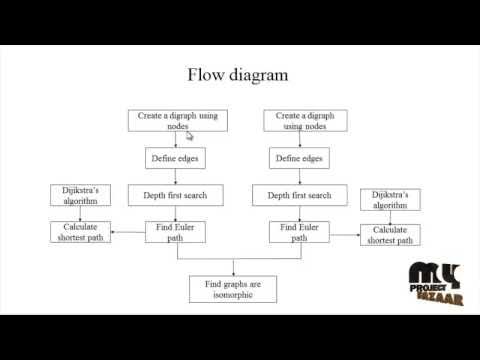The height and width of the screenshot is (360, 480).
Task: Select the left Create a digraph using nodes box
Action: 178,121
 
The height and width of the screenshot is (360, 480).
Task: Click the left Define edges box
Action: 176,158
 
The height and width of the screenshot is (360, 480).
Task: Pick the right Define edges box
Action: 298,158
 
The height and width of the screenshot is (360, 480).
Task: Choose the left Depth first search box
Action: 175,195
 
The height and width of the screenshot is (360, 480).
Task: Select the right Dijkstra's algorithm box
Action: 391,199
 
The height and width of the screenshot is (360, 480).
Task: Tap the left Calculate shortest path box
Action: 79,232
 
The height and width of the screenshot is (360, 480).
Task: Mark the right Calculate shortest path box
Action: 391,235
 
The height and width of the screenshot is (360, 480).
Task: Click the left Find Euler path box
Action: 175,233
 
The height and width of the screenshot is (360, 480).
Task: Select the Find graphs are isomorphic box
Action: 233,289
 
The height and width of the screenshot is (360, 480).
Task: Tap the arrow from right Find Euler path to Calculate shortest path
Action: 345,236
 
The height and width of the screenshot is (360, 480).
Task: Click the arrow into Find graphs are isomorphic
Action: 233,266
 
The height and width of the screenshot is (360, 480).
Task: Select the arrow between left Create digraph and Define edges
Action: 176,140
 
